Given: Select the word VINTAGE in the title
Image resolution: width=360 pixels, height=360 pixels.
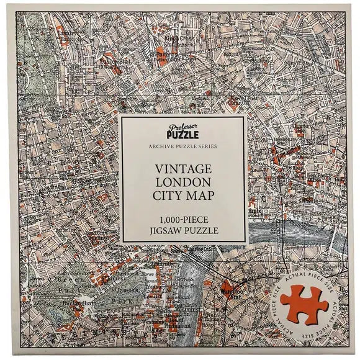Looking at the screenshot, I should click(184, 169).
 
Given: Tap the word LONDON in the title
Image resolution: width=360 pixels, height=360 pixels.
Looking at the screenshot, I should click(184, 183).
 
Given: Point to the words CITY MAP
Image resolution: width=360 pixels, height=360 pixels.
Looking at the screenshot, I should click(184, 197).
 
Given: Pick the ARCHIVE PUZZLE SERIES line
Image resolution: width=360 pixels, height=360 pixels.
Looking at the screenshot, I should click(184, 147).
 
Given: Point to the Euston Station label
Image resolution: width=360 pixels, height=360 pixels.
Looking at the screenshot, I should click(113, 62).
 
